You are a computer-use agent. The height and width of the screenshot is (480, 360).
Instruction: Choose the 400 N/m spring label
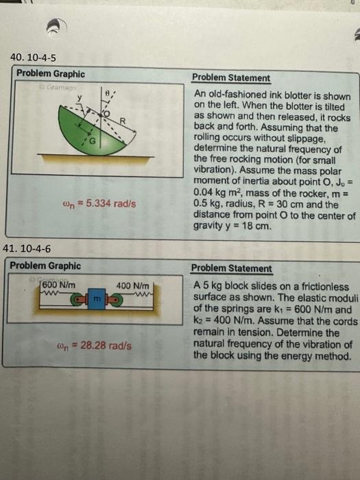(132, 285)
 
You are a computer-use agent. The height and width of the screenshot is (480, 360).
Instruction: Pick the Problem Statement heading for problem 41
(231, 268)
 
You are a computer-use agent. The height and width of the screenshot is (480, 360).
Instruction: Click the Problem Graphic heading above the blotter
(51, 74)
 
